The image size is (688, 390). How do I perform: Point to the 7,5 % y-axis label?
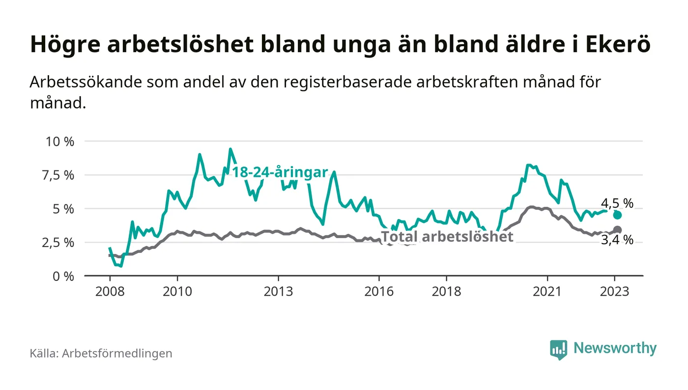pyautogui.click(x=59, y=175)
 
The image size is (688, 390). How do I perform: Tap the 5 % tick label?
pyautogui.click(x=64, y=209)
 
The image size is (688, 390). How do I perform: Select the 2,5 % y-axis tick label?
pyautogui.click(x=59, y=243)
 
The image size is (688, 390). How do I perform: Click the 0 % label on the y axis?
pyautogui.click(x=64, y=276)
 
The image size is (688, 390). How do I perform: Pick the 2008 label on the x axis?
pyautogui.click(x=109, y=291)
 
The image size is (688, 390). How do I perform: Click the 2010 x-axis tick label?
pyautogui.click(x=177, y=291)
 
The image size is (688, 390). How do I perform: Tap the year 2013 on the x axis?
pyautogui.click(x=278, y=291)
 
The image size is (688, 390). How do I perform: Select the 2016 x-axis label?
pyautogui.click(x=379, y=291)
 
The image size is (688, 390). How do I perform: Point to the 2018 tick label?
pyautogui.click(x=446, y=291)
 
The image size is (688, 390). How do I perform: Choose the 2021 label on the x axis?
pyautogui.click(x=547, y=291)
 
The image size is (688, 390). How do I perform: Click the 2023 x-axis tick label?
pyautogui.click(x=615, y=291)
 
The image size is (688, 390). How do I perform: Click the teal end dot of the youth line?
pyautogui.click(x=618, y=215)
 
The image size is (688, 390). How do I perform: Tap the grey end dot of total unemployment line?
pyautogui.click(x=618, y=230)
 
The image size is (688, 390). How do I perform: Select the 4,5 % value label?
pyautogui.click(x=617, y=203)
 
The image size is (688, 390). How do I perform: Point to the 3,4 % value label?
pyautogui.click(x=617, y=241)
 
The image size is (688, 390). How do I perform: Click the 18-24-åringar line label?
pyautogui.click(x=280, y=173)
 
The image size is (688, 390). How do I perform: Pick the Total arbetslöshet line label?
pyautogui.click(x=447, y=237)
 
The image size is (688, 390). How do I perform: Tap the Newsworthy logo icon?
pyautogui.click(x=558, y=349)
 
